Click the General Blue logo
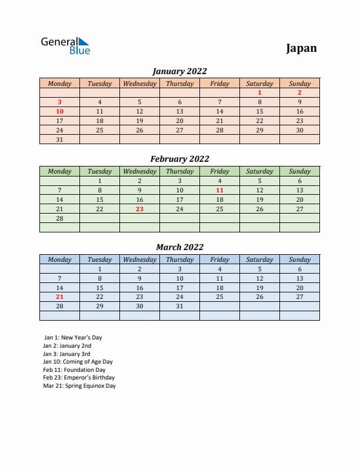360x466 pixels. [65, 46]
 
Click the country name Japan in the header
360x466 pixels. [301, 48]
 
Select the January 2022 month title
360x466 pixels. [179, 71]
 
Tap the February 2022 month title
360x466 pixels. [179, 159]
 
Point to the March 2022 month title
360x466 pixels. [179, 247]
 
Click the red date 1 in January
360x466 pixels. [259, 92]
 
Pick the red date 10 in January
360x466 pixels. [59, 111]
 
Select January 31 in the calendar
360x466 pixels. [59, 139]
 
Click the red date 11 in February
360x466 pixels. [219, 190]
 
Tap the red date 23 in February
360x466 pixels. [139, 209]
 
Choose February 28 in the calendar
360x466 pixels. [59, 218]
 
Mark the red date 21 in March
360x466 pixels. [59, 297]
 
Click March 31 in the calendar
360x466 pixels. [179, 307]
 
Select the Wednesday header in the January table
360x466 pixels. [139, 84]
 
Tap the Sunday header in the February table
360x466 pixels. [299, 172]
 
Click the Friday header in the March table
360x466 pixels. [219, 259]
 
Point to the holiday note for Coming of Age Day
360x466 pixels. [78, 362]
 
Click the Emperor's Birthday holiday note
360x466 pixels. [79, 378]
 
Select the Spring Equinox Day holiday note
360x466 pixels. [79, 386]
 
